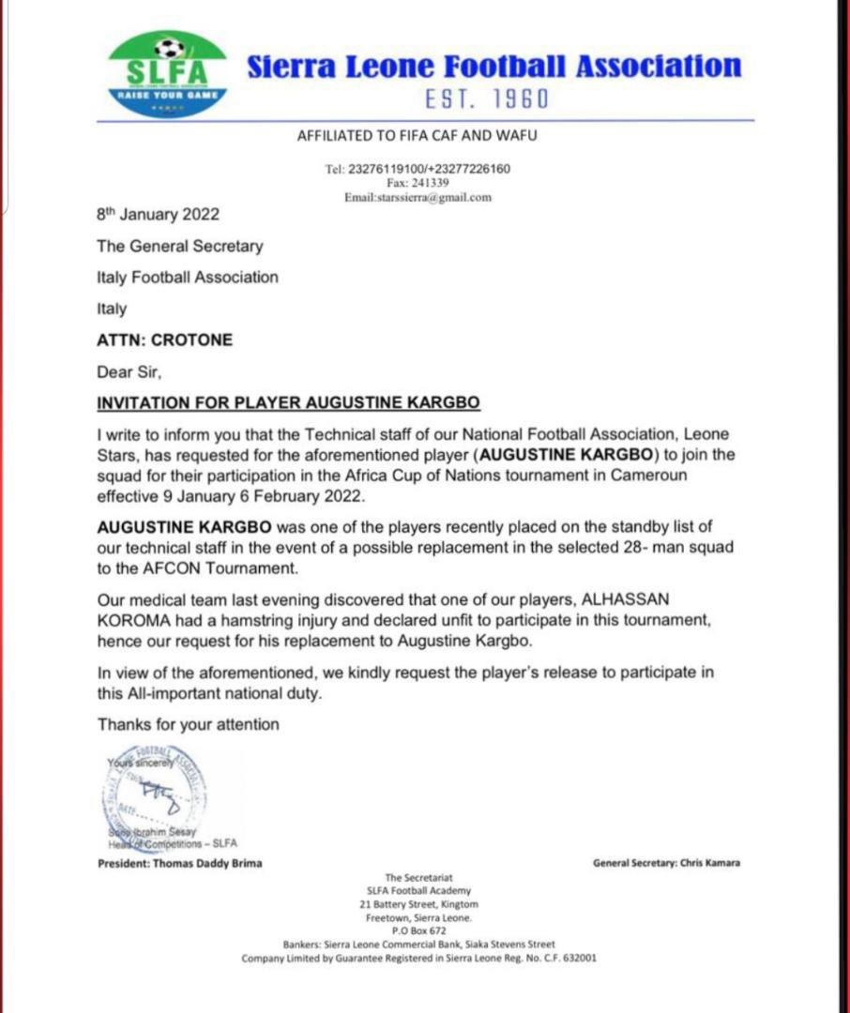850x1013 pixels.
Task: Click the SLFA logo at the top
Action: [x=168, y=74]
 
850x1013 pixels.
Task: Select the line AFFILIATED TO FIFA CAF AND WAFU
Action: [x=417, y=136]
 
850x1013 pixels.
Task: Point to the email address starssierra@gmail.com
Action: [x=417, y=198]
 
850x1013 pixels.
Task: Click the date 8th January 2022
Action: [x=158, y=214]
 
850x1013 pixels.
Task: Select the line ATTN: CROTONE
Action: [x=164, y=340]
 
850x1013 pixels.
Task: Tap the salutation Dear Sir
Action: [x=129, y=371]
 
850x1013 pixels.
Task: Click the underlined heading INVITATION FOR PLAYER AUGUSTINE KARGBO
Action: [x=289, y=403]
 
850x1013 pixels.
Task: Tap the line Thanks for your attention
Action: [x=188, y=724]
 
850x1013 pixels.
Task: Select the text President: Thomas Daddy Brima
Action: [x=180, y=863]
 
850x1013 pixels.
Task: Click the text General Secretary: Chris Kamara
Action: [x=666, y=863]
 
